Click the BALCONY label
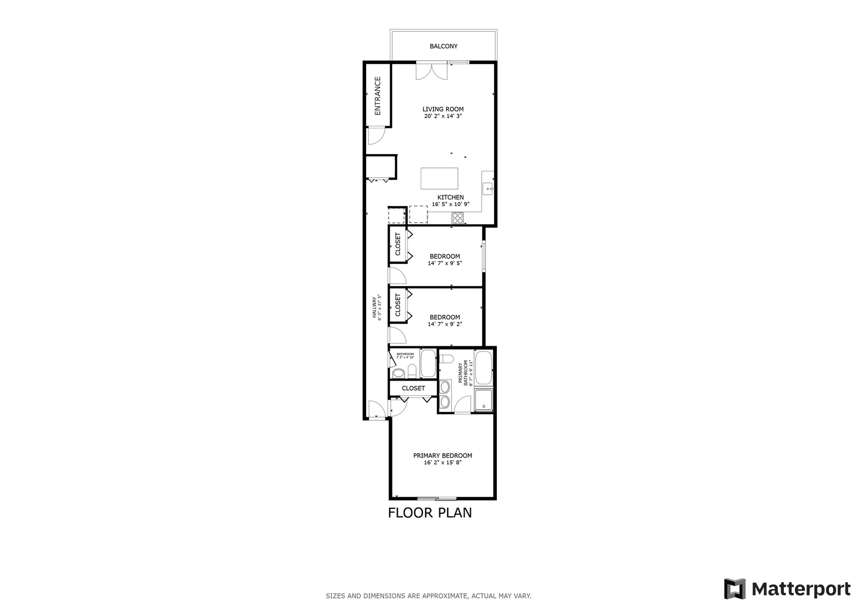(x=443, y=46)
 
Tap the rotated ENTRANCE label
(x=378, y=96)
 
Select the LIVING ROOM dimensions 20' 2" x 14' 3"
(x=444, y=117)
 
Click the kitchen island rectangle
(x=439, y=179)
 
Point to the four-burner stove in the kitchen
(x=457, y=218)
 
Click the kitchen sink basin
(x=488, y=188)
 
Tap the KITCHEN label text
(x=451, y=198)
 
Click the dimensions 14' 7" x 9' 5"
(x=444, y=263)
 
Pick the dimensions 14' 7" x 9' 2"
(x=444, y=324)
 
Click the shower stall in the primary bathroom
(x=484, y=400)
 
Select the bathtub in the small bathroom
(x=428, y=364)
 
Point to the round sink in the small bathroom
(x=398, y=373)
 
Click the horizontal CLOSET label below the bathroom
(x=413, y=388)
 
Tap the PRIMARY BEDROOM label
(x=443, y=456)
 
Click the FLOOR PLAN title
(x=430, y=513)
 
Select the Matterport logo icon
(x=734, y=589)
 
